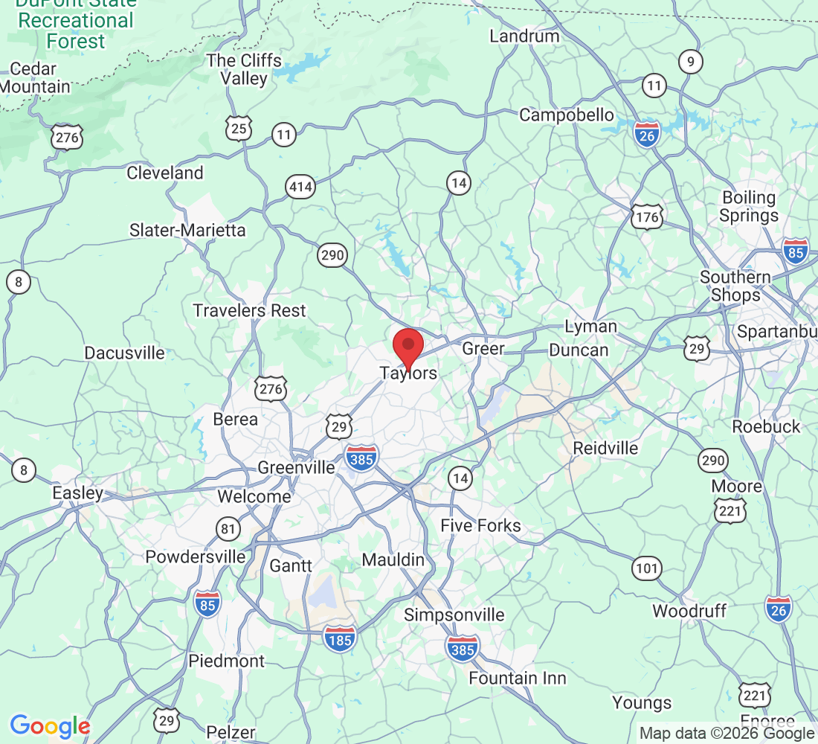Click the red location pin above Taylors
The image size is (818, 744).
click(408, 346)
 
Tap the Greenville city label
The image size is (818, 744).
click(296, 468)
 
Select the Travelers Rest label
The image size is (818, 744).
click(250, 310)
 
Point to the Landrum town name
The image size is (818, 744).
click(524, 36)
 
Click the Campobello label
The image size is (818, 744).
click(567, 115)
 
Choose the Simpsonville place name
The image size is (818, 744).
click(454, 615)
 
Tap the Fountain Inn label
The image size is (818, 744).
click(517, 678)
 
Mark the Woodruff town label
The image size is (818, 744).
click(689, 611)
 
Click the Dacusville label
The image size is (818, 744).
click(125, 353)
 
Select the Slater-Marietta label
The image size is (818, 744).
click(187, 230)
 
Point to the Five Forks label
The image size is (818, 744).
click(480, 526)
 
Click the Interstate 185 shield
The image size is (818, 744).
click(340, 638)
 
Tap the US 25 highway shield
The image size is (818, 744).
click(239, 129)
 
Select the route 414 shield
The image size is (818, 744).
click(301, 187)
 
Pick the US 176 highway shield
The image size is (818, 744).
click(647, 216)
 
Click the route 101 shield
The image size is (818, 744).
click(647, 569)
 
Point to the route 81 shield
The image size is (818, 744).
click(229, 529)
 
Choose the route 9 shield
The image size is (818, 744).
click(691, 62)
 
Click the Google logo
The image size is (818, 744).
click(50, 726)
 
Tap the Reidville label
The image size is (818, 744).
click(605, 448)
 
